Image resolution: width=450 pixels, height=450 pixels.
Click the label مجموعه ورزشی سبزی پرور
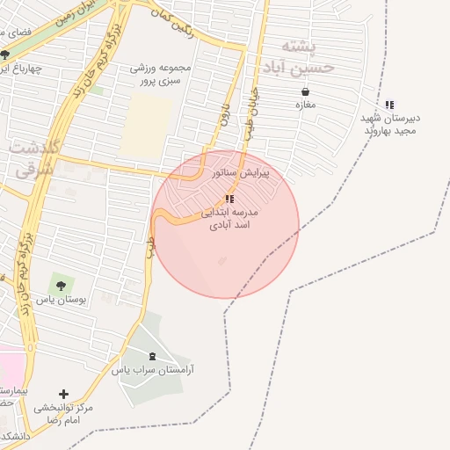click(160, 74)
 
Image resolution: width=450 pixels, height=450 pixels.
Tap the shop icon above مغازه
click(305, 91)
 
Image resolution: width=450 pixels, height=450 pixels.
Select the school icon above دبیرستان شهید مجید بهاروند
click(389, 105)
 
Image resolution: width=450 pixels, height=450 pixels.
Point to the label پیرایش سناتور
click(241, 174)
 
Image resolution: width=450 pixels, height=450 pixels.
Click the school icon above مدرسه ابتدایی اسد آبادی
click(230, 200)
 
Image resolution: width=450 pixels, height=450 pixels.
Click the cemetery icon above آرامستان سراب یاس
click(155, 356)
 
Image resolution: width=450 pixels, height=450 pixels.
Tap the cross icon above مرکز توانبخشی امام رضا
click(62, 394)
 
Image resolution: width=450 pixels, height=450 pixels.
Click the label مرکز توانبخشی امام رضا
click(63, 414)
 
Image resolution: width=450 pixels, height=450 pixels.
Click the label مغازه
click(305, 105)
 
